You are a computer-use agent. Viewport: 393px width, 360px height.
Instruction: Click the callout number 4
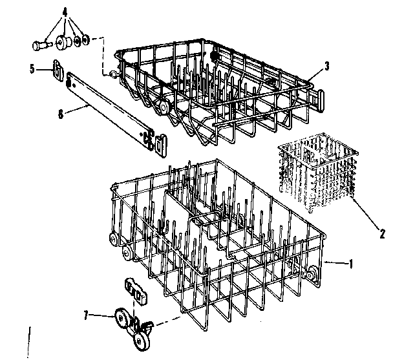65,11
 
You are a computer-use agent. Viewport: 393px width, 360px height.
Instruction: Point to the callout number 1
350,264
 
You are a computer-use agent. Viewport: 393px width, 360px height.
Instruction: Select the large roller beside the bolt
64,42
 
